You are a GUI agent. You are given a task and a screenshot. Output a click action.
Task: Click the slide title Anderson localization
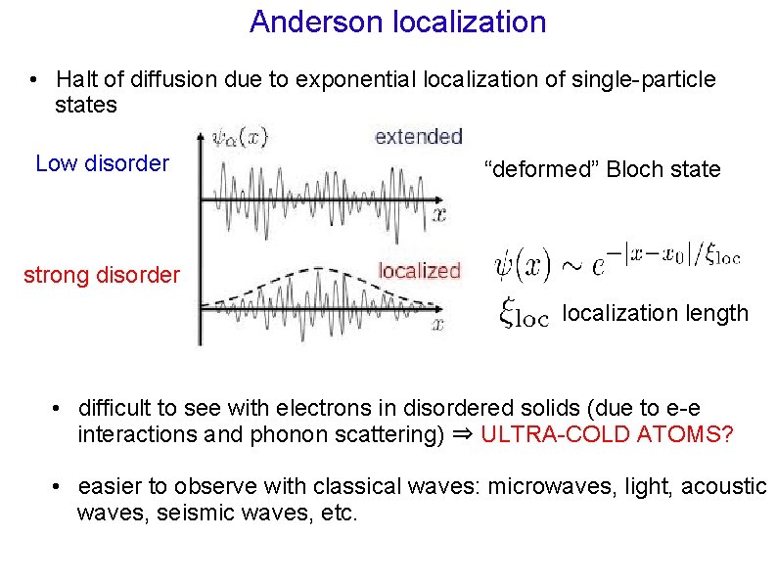tap(397, 22)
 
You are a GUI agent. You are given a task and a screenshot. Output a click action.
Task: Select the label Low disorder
tap(102, 163)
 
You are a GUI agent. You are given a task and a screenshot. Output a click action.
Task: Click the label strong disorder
tap(102, 275)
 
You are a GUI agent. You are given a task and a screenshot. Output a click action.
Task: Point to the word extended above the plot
tap(418, 137)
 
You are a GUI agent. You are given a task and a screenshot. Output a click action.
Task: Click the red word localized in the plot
tap(419, 271)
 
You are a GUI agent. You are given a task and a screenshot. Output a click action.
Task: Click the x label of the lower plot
tap(439, 323)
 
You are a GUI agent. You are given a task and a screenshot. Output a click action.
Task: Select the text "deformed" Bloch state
tap(603, 169)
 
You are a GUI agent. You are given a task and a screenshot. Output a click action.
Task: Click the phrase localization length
tap(656, 314)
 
